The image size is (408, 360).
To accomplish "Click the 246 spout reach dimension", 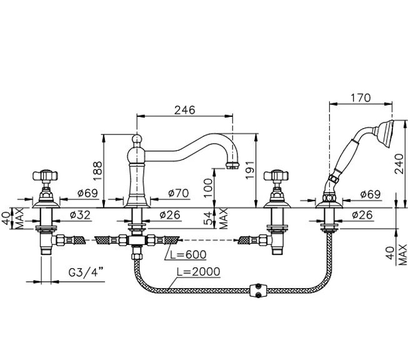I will (184, 109).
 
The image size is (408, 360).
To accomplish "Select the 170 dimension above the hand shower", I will (361, 97).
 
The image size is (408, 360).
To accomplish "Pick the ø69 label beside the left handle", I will (87, 194).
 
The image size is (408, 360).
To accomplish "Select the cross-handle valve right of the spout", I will (276, 177).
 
